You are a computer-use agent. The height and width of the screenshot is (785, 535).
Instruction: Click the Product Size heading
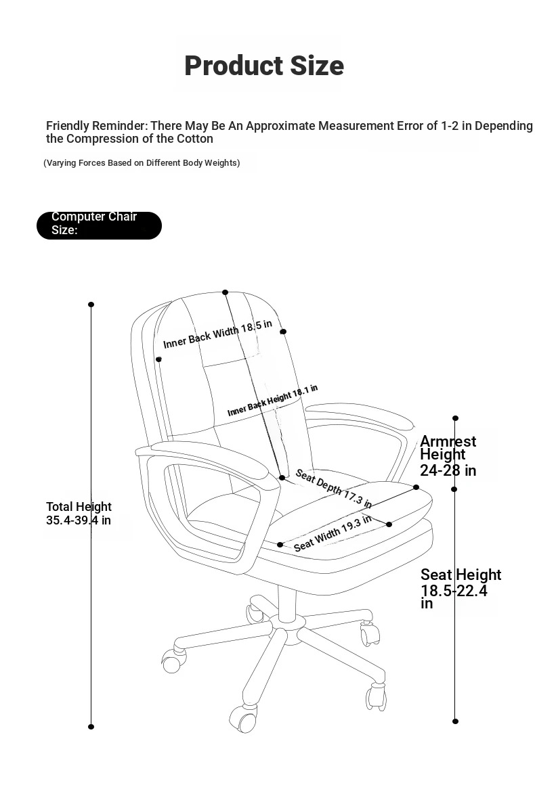coord(264,66)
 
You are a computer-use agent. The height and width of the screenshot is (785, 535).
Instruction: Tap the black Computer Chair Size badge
coord(99,225)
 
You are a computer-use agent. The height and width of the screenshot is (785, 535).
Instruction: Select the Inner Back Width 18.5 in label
coord(218,334)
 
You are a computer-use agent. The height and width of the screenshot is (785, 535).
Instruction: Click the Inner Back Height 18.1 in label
coord(272,401)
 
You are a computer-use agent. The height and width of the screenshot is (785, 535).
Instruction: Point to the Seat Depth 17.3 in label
coord(334,488)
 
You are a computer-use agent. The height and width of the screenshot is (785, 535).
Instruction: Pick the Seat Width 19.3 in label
coord(333,533)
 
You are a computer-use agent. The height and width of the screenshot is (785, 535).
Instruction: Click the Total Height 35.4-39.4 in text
coord(79,513)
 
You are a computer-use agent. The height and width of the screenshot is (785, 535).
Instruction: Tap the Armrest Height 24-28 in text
coord(448,455)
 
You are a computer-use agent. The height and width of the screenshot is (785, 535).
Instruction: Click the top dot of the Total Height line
coord(91,305)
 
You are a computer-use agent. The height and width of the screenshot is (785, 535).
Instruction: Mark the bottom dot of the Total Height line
coord(91,726)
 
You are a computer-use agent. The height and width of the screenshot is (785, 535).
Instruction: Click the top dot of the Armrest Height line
coord(455,418)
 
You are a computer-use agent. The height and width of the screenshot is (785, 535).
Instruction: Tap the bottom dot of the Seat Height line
coord(455,721)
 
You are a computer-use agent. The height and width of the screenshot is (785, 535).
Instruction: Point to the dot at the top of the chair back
coord(226,292)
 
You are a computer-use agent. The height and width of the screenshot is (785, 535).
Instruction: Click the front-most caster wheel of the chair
coord(243,719)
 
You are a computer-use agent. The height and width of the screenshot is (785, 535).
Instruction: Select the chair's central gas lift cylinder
coord(288,604)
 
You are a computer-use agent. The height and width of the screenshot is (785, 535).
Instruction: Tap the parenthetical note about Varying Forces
coord(142,162)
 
